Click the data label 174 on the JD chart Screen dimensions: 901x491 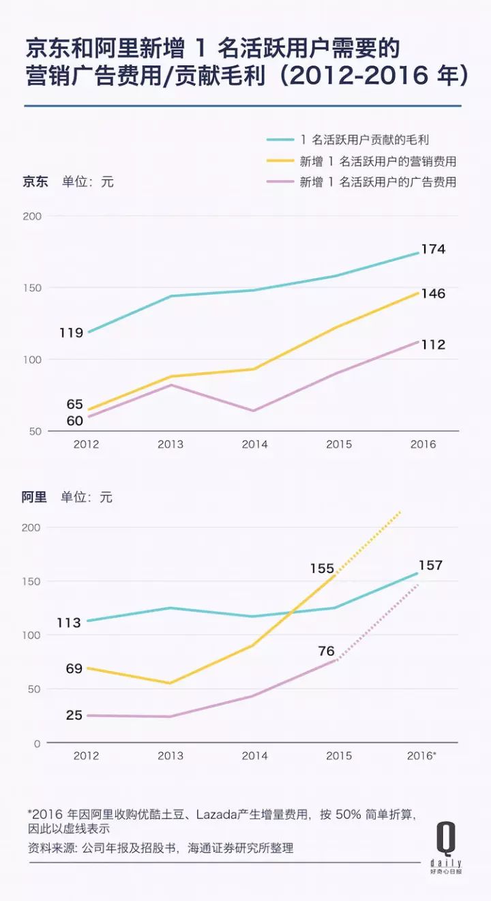click(x=433, y=250)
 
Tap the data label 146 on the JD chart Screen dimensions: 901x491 click(x=433, y=294)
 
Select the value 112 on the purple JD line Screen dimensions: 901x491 click(x=433, y=345)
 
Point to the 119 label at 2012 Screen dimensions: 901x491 click(x=70, y=334)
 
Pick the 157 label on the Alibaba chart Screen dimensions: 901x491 click(x=430, y=565)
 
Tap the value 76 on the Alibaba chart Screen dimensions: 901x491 click(x=326, y=651)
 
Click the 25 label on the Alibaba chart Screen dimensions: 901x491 click(x=74, y=715)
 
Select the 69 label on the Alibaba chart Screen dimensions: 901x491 click(x=74, y=669)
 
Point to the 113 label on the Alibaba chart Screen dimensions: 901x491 click(x=69, y=623)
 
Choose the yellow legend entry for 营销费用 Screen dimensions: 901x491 click(x=378, y=162)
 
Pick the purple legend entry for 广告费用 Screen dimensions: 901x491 click(x=378, y=182)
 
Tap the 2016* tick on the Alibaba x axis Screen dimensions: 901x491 click(x=421, y=756)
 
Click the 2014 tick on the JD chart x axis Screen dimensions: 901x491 click(x=254, y=445)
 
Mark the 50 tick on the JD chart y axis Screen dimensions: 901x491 click(x=33, y=432)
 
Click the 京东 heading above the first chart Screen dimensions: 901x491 click(x=35, y=182)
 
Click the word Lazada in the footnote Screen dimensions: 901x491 click(x=215, y=814)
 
